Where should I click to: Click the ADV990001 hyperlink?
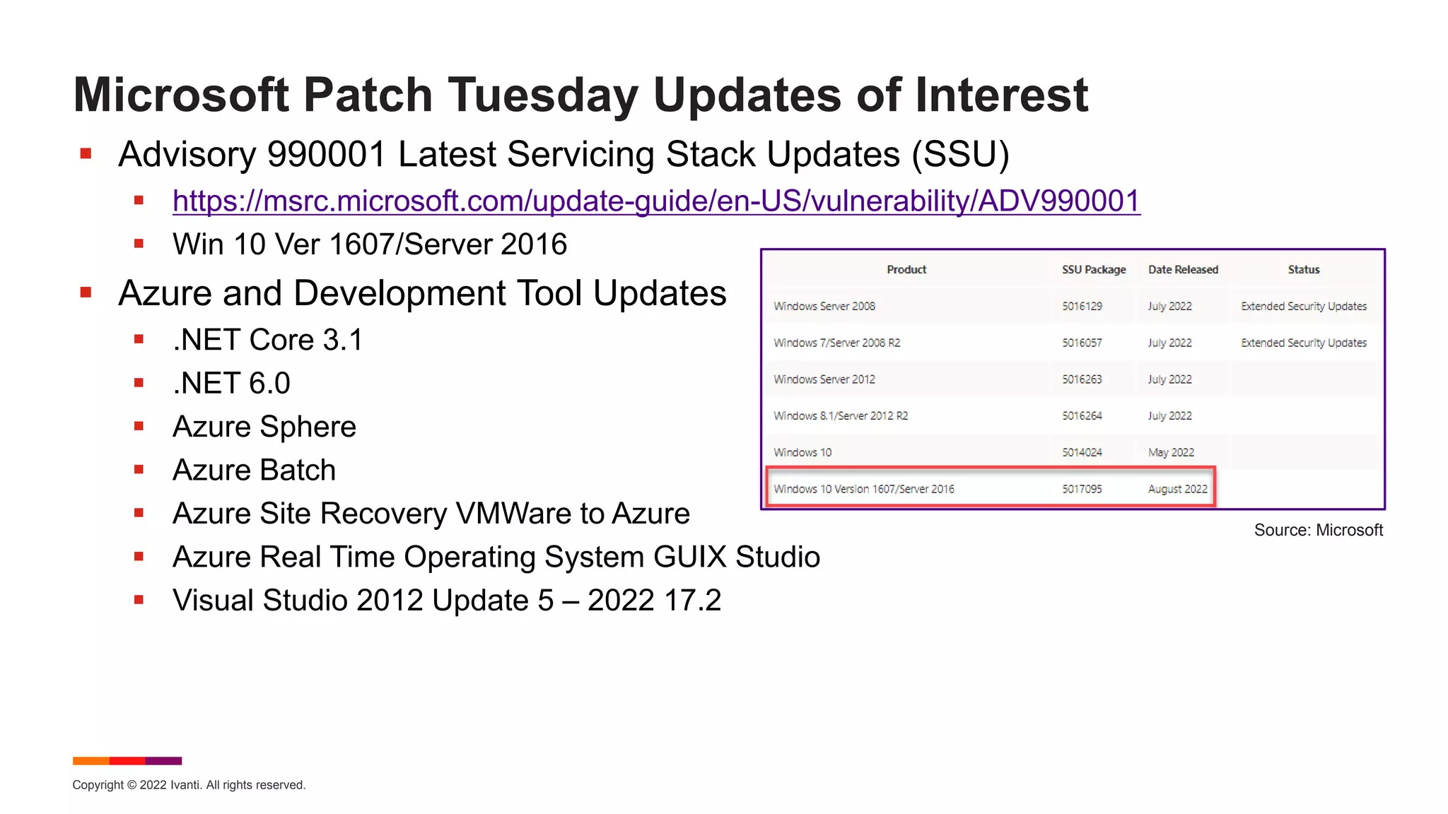click(656, 201)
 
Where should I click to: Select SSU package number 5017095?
click(1081, 489)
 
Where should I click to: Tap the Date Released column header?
click(1182, 270)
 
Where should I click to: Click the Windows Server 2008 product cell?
click(824, 307)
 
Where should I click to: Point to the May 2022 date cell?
click(1170, 453)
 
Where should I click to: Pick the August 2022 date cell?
click(1177, 489)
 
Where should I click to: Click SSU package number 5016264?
click(1081, 416)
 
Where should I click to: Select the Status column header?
click(1303, 270)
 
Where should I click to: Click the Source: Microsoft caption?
click(1318, 531)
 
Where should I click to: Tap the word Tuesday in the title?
click(542, 95)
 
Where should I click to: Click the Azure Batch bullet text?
click(254, 471)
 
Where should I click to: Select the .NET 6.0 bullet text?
click(231, 384)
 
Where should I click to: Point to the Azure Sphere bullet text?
click(264, 427)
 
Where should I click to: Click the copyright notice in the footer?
click(189, 785)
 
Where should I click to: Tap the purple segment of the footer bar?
click(163, 761)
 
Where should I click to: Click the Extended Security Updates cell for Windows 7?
click(1303, 343)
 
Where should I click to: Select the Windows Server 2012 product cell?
click(824, 379)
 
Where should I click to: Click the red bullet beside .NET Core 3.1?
click(139, 340)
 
